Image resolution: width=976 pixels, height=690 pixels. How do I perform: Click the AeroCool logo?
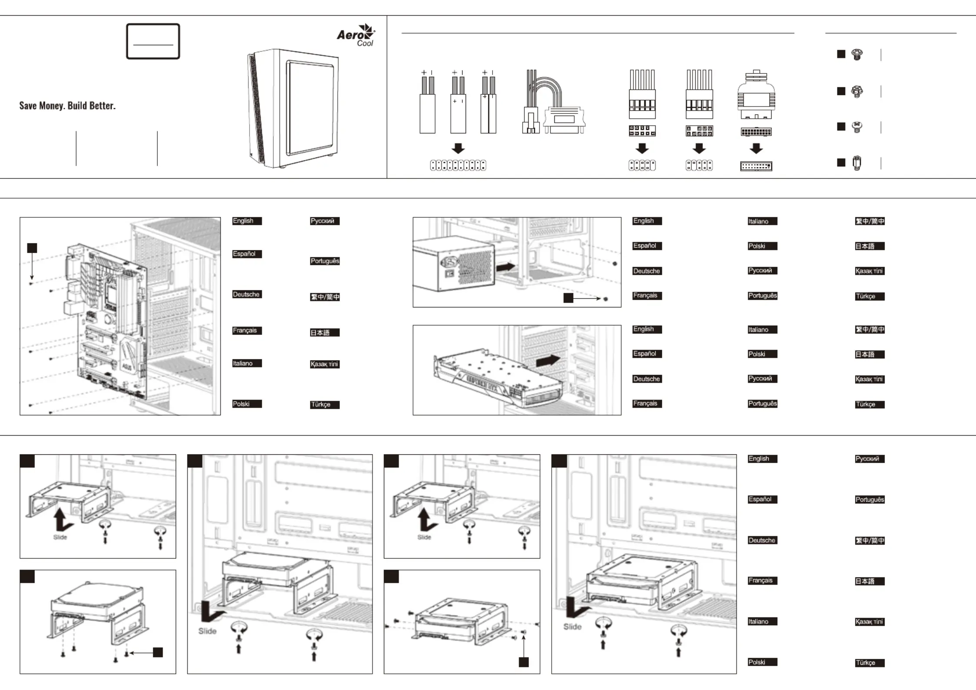tap(356, 35)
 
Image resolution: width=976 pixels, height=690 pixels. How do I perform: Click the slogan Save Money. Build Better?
tap(67, 106)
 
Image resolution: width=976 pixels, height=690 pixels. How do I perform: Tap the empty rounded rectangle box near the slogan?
tap(153, 41)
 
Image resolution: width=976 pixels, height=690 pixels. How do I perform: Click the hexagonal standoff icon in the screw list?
tap(857, 163)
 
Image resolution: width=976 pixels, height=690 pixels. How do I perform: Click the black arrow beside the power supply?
tap(506, 266)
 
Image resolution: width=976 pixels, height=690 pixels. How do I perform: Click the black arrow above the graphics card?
tap(548, 360)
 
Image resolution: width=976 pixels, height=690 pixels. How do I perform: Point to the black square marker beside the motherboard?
tap(32, 248)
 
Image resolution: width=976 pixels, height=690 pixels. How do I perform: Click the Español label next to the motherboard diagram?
tap(246, 254)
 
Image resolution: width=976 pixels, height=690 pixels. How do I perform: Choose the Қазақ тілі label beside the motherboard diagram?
tap(324, 364)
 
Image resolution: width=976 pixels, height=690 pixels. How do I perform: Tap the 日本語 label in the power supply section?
tap(869, 246)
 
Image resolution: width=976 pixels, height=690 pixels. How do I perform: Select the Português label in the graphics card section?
tap(762, 403)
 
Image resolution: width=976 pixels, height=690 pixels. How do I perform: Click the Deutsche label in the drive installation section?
tap(762, 540)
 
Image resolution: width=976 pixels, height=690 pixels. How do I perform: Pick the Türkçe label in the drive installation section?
tap(869, 663)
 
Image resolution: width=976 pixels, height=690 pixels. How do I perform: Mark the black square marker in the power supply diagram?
tap(568, 298)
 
